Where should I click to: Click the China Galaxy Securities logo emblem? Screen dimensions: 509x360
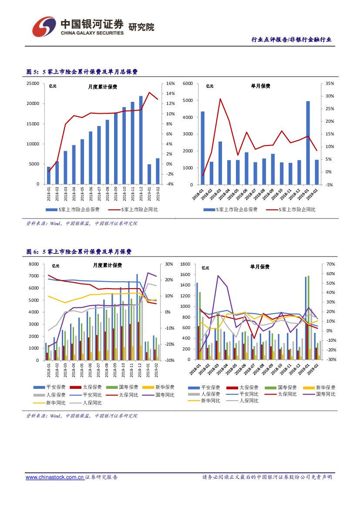click(x=44, y=27)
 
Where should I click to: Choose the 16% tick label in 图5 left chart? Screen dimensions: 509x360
click(x=170, y=84)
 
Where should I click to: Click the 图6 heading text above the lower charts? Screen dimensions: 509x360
click(x=79, y=252)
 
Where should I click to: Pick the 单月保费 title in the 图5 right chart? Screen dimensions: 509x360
click(x=260, y=86)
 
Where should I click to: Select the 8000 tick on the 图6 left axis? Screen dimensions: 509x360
click(x=34, y=264)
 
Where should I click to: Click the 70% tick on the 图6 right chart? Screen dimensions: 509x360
click(x=329, y=264)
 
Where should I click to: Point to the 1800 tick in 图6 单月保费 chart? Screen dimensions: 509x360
click(x=185, y=264)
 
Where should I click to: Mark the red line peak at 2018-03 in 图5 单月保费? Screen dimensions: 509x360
click(x=220, y=99)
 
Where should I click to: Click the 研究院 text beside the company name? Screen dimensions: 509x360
click(x=141, y=27)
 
